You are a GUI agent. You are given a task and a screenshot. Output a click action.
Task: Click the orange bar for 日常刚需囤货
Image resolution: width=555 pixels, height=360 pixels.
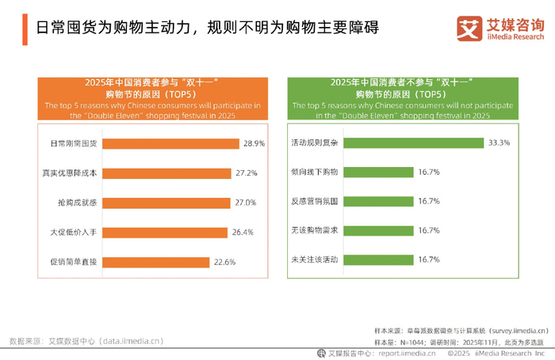click(171, 143)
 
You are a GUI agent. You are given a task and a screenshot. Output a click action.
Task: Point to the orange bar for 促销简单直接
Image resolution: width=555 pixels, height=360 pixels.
click(156, 262)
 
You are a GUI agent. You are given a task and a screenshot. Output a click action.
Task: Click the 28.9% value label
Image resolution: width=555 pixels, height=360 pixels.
click(254, 143)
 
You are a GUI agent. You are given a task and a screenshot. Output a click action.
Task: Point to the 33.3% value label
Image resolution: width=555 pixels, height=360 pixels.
click(499, 143)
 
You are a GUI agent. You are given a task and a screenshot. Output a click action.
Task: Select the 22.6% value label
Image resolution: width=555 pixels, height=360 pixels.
click(224, 262)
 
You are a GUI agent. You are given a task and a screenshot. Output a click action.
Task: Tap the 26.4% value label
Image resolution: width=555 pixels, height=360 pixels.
click(242, 232)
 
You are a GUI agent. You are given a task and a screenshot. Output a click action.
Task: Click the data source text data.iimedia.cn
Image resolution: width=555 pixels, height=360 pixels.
click(131, 341)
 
